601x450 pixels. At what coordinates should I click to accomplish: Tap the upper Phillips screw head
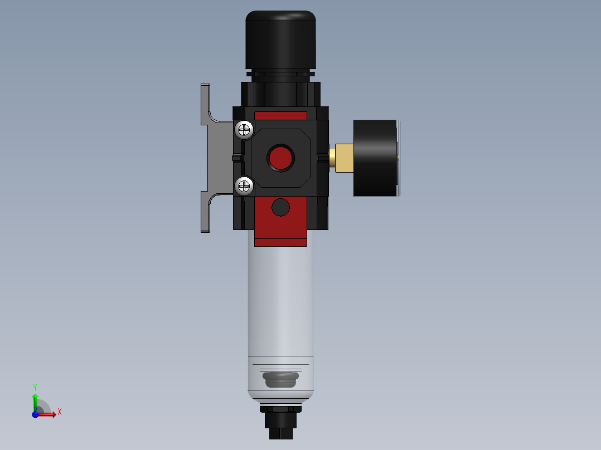pos(244,130)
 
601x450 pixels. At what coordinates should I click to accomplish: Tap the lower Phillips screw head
pos(244,185)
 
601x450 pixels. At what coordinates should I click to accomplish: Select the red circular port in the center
pos(280,158)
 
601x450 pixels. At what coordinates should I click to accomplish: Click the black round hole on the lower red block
pos(280,208)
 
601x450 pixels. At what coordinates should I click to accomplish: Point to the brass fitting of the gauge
pos(342,157)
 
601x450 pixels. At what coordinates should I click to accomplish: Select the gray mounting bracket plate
pos(219,158)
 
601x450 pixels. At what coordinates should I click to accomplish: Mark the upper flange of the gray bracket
pos(205,104)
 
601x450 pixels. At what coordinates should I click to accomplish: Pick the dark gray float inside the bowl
pos(280,380)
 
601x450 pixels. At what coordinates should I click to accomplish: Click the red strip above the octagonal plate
pos(280,116)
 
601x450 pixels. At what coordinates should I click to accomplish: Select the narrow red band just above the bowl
pos(280,242)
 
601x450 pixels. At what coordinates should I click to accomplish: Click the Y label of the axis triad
pos(35,387)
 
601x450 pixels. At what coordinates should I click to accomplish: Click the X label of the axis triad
pos(59,412)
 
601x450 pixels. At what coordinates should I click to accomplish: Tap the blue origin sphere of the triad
pos(36,414)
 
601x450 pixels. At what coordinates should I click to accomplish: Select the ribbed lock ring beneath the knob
pos(280,74)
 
